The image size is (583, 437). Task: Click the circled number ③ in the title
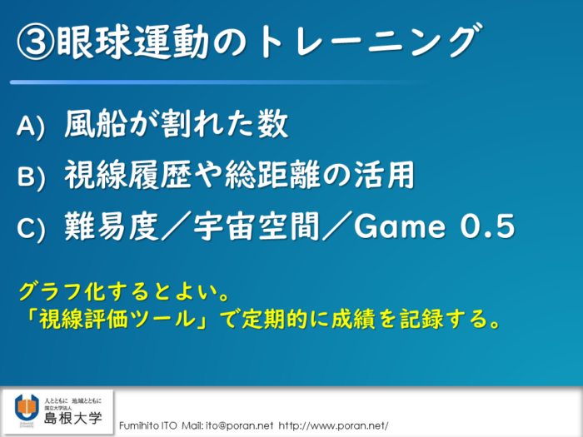click(x=36, y=42)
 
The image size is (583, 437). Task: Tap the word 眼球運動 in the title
click(x=132, y=42)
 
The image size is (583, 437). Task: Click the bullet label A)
click(x=31, y=127)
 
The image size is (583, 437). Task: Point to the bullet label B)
click(x=31, y=177)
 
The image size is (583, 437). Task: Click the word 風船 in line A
click(x=96, y=124)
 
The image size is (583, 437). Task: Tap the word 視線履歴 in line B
click(x=128, y=175)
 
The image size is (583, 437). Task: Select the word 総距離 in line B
click(x=272, y=175)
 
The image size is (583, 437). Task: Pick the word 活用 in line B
click(x=383, y=175)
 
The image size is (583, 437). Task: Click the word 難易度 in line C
click(x=112, y=226)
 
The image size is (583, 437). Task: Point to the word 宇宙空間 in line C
click(x=257, y=226)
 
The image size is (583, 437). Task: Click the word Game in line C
click(x=400, y=226)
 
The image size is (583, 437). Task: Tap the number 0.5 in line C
click(x=488, y=226)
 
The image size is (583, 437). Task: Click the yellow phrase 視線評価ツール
click(x=118, y=319)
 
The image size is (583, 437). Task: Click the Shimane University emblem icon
click(x=27, y=410)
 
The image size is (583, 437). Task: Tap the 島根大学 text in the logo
click(x=73, y=418)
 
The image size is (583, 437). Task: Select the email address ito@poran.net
click(x=240, y=426)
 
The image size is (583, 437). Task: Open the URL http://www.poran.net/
click(x=333, y=426)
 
